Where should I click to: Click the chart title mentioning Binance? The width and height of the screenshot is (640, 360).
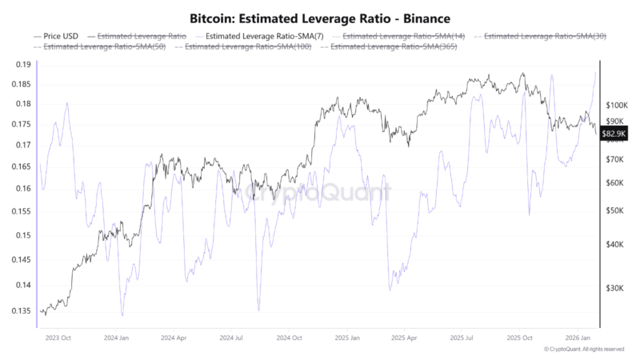pos(320,17)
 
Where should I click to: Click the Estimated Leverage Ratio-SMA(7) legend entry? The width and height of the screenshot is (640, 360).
pos(260,36)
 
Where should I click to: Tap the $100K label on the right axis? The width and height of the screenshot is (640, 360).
pos(618,105)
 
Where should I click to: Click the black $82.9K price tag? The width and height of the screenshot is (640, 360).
pos(614,134)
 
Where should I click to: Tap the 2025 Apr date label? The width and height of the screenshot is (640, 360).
pos(403,338)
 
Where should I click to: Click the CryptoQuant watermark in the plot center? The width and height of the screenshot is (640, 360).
pos(320,193)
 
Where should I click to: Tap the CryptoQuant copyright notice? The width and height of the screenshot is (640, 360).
pos(583,350)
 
